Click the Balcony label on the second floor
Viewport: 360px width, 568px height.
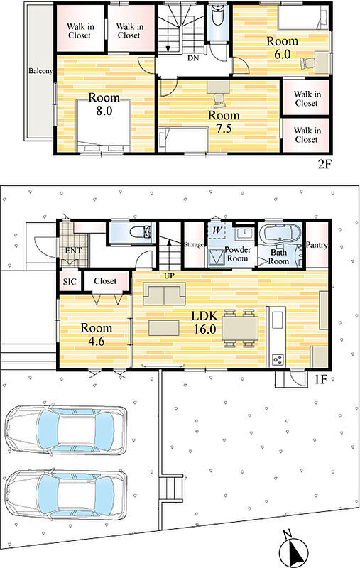tap(40, 71)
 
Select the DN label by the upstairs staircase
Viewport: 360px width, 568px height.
tap(193, 58)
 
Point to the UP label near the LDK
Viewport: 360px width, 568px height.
tap(169, 276)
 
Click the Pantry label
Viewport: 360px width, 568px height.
tap(317, 245)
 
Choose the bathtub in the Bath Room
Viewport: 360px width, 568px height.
tap(281, 234)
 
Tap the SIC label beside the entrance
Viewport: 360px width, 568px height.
tap(70, 281)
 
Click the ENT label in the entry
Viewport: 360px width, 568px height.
tap(73, 251)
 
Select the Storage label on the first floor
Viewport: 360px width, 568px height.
tap(194, 244)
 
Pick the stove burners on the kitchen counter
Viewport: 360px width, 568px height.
tap(278, 360)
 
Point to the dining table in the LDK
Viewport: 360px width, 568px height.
tap(240, 328)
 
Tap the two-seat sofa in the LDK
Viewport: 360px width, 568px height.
tap(165, 294)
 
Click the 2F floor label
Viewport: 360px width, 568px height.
tap(325, 165)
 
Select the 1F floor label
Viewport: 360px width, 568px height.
tap(320, 379)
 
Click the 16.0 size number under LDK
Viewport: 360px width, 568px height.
tap(205, 329)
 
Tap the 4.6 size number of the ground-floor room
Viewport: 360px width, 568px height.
tap(97, 341)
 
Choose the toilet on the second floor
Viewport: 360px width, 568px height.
tap(218, 16)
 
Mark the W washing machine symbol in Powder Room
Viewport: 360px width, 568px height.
tap(217, 230)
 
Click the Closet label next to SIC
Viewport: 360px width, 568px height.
tap(105, 280)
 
